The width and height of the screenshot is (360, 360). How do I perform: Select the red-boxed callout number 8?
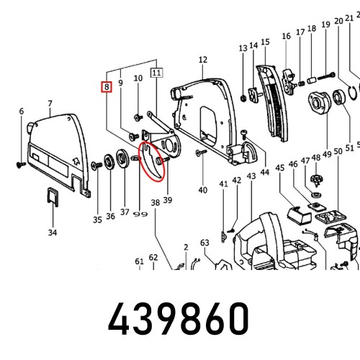click(x=106, y=88)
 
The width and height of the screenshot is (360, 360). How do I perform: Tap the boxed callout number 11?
click(x=156, y=72)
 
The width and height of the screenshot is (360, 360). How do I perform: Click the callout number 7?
click(x=49, y=104)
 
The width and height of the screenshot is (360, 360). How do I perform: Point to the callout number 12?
click(x=203, y=60)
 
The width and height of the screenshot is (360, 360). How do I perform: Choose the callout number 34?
click(x=52, y=233)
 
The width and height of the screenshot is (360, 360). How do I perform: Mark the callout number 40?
click(x=203, y=190)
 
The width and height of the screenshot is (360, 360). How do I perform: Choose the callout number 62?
click(x=153, y=257)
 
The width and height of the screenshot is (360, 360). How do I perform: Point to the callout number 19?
click(x=326, y=25)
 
